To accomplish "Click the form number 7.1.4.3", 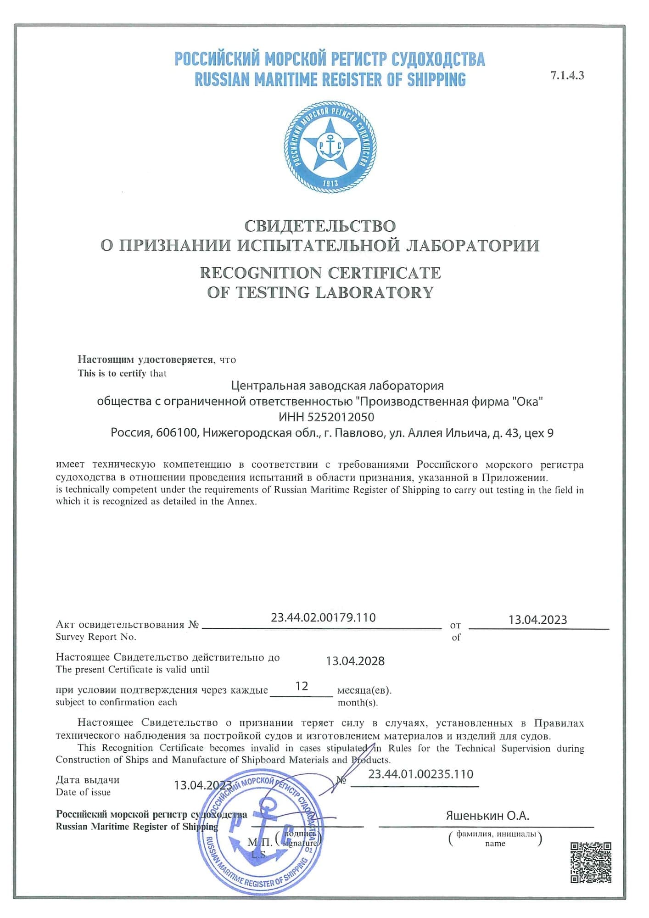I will [567, 76].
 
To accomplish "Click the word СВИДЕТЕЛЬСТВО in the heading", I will [320, 226].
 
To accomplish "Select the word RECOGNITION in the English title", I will [260, 273].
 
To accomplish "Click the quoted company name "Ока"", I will [527, 402].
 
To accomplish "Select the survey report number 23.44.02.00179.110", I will [323, 617].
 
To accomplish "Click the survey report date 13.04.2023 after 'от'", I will [537, 620].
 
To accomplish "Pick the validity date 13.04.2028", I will [355, 661].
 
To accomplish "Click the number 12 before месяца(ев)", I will [302, 686].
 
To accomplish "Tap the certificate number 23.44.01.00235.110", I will [420, 774].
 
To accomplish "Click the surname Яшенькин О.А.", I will [487, 816].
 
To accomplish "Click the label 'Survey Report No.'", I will [96, 637].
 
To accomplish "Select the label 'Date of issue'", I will [83, 792].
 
